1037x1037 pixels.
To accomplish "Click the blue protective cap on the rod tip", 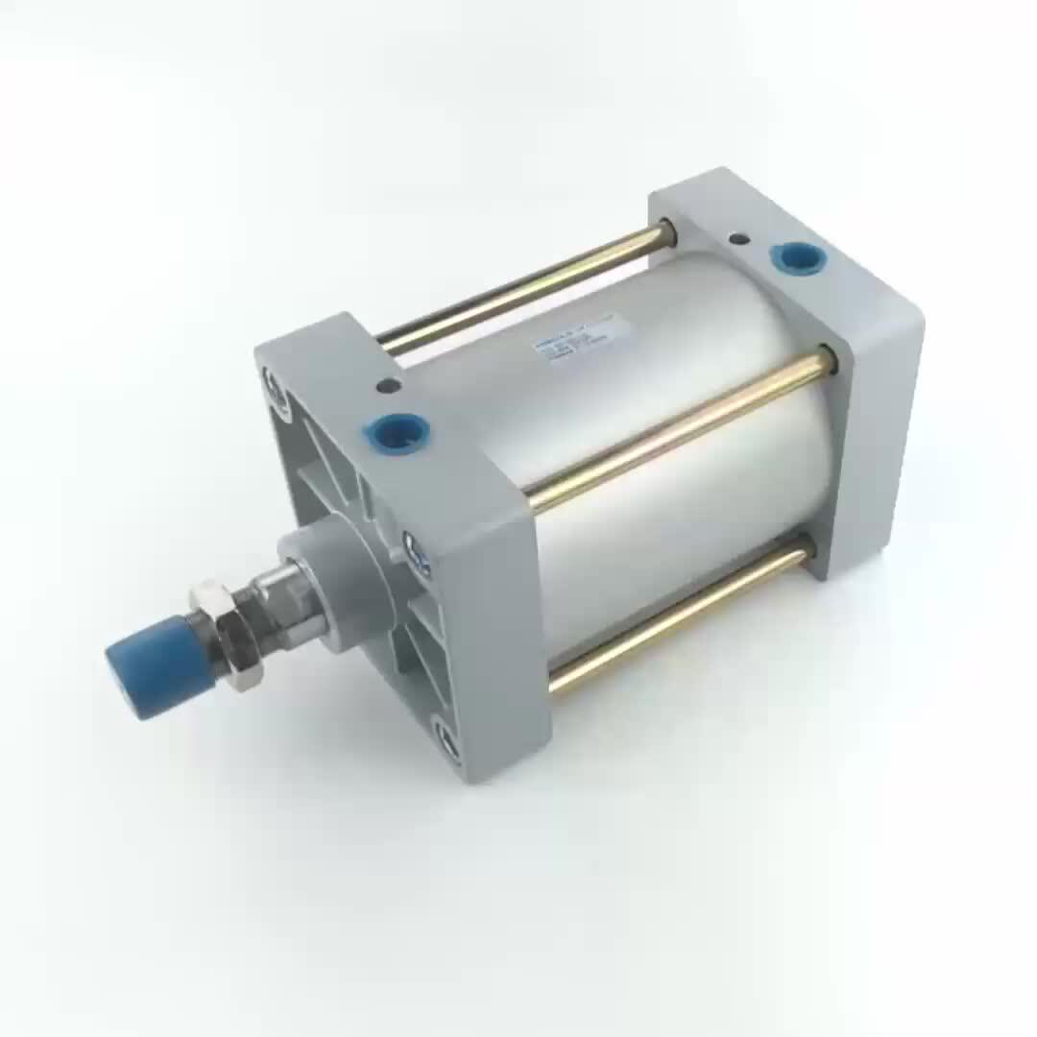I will pyautogui.click(x=154, y=665).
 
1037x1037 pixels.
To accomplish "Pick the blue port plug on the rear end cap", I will pyautogui.click(x=798, y=257).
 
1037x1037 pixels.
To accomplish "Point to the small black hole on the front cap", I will pyautogui.click(x=388, y=386).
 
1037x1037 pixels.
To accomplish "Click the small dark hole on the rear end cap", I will pyautogui.click(x=738, y=238).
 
